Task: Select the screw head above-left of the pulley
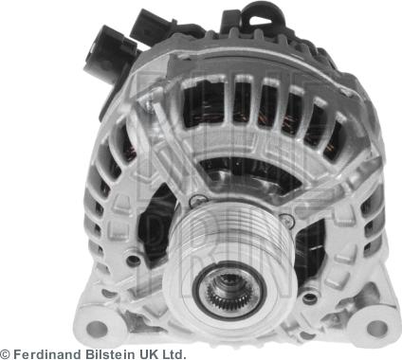pyautogui.click(x=197, y=201)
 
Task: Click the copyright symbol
pyautogui.click(x=6, y=353)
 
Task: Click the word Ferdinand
pyautogui.click(x=46, y=353)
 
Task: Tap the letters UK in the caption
pyautogui.click(x=144, y=353)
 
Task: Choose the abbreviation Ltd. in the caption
pyautogui.click(x=173, y=353)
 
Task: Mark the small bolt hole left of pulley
pyautogui.click(x=134, y=259)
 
